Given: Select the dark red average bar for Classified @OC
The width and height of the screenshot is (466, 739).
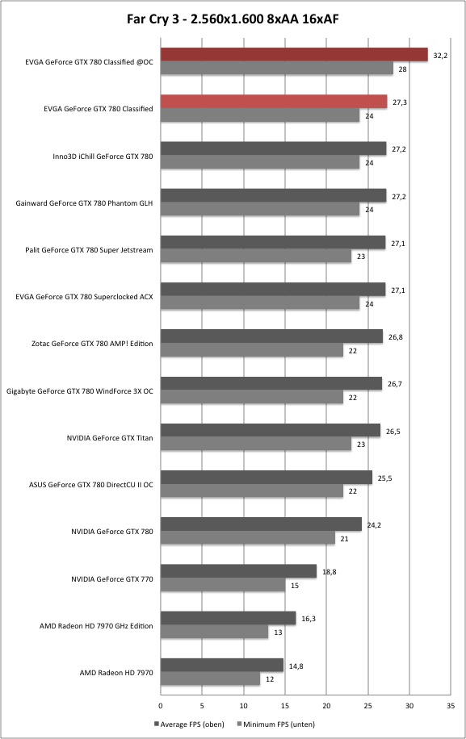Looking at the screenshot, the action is [x=294, y=55].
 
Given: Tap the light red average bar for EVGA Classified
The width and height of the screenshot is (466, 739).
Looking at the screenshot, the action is [x=274, y=102].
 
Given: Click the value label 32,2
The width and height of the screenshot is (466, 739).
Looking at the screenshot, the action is [x=440, y=56].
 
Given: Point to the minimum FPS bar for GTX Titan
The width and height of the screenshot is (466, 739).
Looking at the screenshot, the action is [x=256, y=444].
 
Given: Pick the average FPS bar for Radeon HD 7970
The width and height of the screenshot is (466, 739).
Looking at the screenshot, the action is [x=222, y=665].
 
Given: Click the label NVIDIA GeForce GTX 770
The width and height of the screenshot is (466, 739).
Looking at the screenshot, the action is [x=112, y=578].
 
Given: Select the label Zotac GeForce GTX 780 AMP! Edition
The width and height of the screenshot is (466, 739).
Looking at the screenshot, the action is [x=92, y=344].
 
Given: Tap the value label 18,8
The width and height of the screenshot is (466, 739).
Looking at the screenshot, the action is [x=330, y=572].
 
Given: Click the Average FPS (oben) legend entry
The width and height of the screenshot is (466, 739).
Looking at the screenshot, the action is [x=189, y=724].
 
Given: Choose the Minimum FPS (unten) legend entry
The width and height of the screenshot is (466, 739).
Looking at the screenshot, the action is [x=275, y=724].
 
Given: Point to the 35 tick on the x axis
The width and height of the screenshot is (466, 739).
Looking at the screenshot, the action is [x=451, y=706].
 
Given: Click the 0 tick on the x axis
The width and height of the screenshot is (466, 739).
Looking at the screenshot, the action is [x=161, y=706].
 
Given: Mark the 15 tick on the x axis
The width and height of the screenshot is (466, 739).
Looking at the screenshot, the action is [x=285, y=706].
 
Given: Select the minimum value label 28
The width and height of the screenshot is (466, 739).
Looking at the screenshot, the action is [x=402, y=69].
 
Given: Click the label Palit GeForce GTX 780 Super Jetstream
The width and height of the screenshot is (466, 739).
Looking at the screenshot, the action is [x=89, y=250].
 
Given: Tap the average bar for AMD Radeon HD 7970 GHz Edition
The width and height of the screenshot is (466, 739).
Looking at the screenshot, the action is [x=229, y=618].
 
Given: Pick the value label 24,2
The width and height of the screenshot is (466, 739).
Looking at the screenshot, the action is [x=374, y=525].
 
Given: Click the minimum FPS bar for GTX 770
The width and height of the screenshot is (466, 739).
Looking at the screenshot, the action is [x=223, y=585].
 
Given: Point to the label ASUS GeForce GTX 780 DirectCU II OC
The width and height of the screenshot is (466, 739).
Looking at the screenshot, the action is [x=91, y=485].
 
